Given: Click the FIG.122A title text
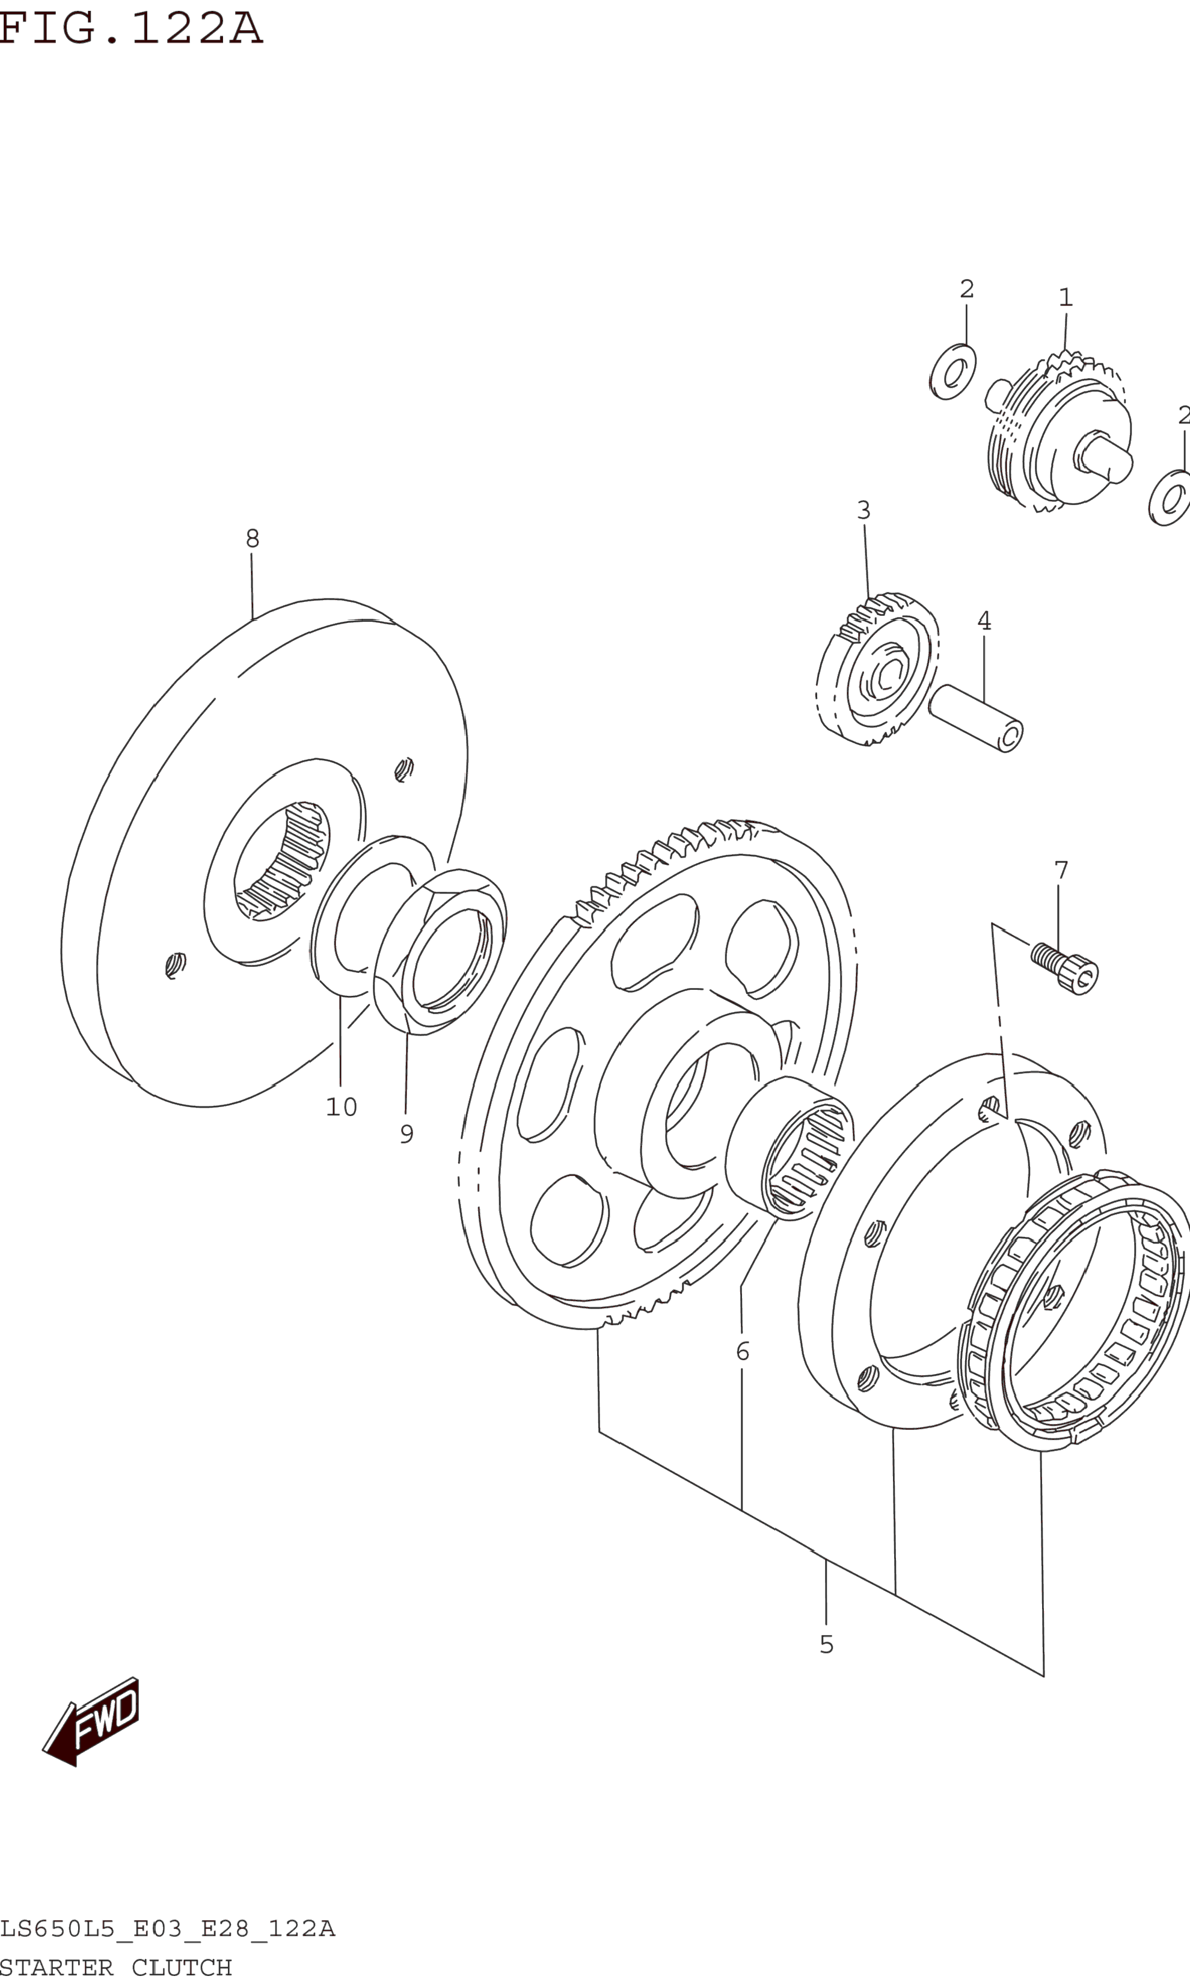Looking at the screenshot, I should (130, 29).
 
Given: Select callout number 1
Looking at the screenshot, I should (1066, 298).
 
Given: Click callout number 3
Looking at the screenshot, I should (863, 510).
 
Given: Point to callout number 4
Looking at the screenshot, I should (984, 621).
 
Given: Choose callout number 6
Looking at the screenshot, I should (743, 1352).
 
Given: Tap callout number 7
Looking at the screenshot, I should (1061, 870).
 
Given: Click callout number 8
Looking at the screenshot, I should (253, 539).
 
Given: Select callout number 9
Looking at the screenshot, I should (406, 1135).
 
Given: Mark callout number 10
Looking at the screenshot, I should (341, 1107).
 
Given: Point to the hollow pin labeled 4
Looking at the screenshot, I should (975, 717).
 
